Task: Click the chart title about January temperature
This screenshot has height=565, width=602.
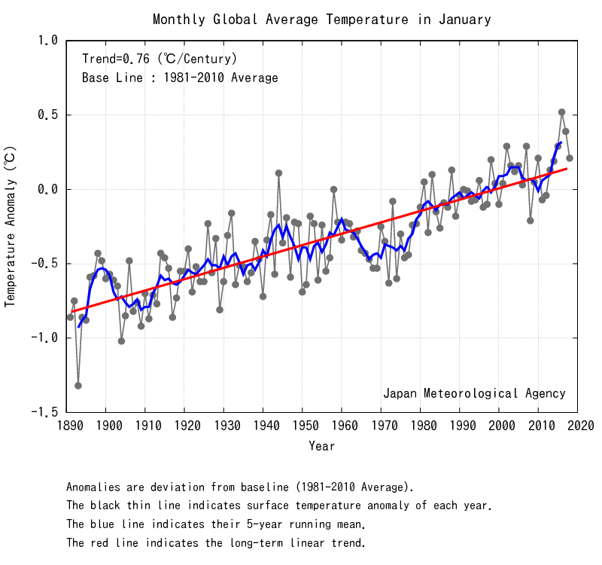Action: (321, 20)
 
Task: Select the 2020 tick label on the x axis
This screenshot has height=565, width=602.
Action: (577, 427)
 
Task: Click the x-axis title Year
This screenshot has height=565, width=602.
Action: (321, 447)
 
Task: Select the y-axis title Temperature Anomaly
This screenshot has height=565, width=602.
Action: (11, 226)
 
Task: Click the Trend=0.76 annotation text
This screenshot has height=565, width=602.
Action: (160, 59)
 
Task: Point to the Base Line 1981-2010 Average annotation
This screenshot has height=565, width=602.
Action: (180, 78)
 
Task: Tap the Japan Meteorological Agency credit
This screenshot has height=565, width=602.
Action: (474, 393)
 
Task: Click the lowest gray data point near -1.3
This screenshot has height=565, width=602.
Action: (78, 386)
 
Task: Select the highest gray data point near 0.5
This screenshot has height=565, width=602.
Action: (561, 112)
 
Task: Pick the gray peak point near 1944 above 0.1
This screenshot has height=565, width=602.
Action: (278, 173)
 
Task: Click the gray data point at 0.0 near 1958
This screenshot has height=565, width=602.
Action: (334, 190)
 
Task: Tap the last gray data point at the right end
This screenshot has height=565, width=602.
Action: (570, 158)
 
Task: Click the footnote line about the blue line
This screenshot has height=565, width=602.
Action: (216, 524)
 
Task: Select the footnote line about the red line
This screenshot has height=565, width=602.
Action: (216, 542)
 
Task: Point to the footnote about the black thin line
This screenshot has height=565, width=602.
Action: (279, 505)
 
